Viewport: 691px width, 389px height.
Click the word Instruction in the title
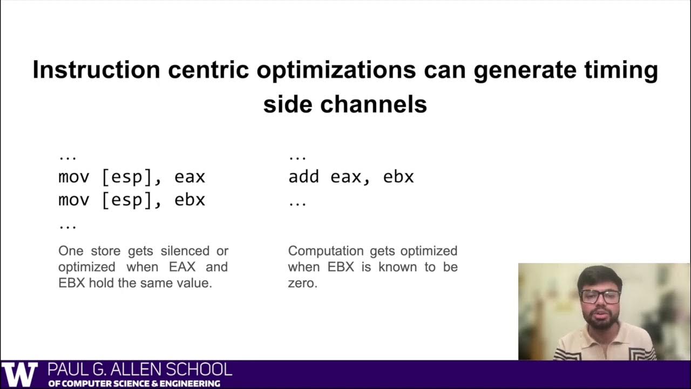pos(96,70)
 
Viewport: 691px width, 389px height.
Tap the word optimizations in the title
pos(335,70)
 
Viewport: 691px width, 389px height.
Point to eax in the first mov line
pos(189,177)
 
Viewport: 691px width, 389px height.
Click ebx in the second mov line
pos(189,200)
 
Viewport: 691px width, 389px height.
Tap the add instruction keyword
pos(303,177)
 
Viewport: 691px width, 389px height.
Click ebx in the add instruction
pos(398,177)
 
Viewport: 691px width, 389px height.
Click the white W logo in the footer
pos(20,374)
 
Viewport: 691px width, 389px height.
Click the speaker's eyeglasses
pos(600,296)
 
